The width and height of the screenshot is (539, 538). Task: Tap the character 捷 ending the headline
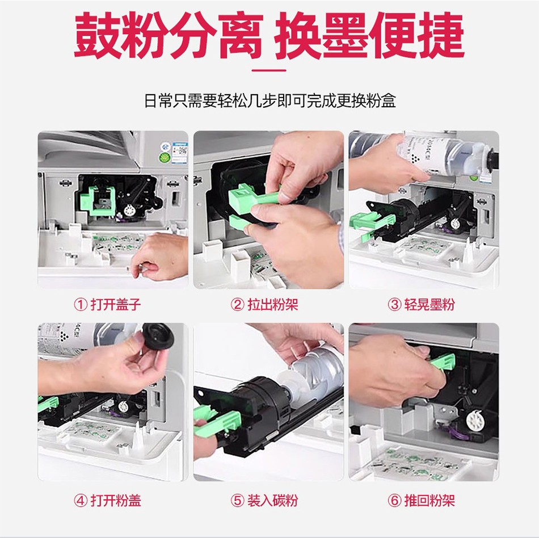click(441, 35)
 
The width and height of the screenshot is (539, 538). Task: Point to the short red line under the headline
click(269, 70)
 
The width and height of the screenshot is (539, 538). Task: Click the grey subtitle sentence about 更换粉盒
click(270, 101)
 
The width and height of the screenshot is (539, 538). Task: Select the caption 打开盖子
click(116, 305)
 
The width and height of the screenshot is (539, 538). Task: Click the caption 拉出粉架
click(272, 305)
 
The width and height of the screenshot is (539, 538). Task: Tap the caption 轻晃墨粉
click(429, 305)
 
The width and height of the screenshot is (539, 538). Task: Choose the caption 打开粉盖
click(116, 501)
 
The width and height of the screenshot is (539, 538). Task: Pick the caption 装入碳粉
click(272, 501)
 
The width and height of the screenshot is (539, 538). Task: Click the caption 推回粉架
click(429, 501)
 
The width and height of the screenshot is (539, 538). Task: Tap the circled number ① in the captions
click(81, 305)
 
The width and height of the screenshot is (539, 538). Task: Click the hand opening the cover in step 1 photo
click(159, 256)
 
